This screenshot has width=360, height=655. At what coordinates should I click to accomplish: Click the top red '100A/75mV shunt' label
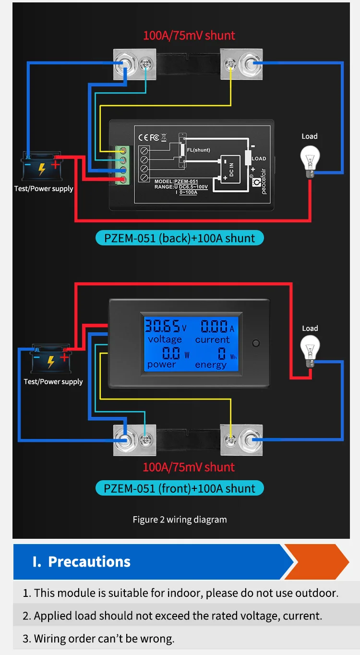(x=189, y=36)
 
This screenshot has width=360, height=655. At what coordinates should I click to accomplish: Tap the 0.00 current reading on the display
(x=214, y=327)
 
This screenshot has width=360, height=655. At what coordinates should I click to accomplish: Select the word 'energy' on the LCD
(x=211, y=365)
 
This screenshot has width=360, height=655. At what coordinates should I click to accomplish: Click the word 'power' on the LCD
(x=161, y=364)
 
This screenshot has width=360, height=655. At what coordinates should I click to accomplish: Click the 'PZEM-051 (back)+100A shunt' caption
(x=180, y=238)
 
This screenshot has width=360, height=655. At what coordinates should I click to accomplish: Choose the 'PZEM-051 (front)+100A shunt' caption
(x=180, y=488)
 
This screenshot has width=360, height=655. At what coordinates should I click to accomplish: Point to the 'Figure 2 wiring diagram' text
(x=180, y=520)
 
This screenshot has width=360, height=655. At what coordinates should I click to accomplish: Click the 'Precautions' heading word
(x=89, y=561)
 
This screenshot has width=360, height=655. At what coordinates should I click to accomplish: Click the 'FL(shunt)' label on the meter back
(x=199, y=150)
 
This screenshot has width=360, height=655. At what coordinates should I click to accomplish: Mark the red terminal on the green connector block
(x=124, y=180)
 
